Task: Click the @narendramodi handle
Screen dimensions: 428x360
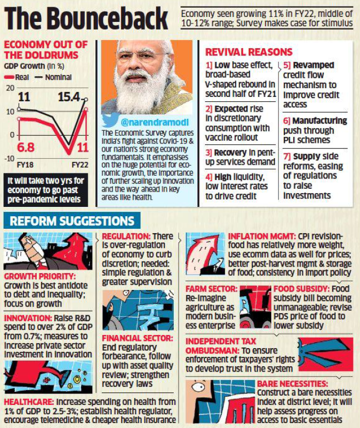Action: [x=148, y=121]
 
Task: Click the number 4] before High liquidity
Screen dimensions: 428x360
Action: [x=209, y=177]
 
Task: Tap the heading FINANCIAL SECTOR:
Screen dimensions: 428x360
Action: [x=137, y=338]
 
